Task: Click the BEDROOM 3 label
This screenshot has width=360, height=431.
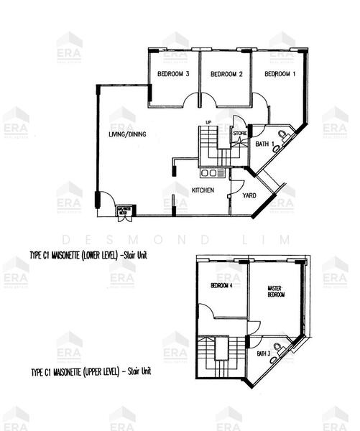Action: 172,74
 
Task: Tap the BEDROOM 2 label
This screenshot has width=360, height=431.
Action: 226,74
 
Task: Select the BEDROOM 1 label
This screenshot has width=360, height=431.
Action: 280,74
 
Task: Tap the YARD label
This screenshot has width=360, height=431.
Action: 251,195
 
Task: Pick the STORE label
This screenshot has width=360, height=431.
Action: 240,133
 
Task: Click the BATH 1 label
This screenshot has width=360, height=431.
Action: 264,144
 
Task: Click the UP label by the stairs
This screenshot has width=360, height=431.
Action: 208,122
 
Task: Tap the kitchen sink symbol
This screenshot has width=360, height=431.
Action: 213,173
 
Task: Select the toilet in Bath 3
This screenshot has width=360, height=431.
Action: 286,349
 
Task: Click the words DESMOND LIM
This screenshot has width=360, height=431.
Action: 180,238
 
